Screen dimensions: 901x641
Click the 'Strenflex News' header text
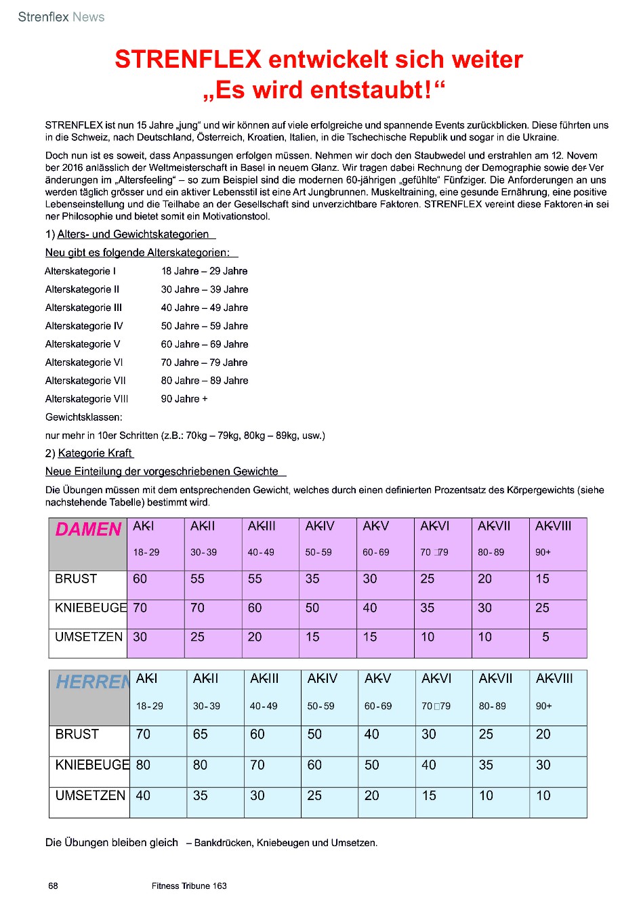click(61, 17)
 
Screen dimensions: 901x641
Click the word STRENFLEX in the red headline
click(188, 60)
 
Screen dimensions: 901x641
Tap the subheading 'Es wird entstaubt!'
click(325, 90)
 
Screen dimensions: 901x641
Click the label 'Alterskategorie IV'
click(84, 326)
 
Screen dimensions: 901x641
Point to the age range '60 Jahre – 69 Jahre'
click(205, 344)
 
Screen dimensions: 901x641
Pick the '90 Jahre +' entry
click(184, 399)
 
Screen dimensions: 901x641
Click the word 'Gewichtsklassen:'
click(84, 417)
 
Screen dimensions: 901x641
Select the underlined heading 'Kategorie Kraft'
click(96, 453)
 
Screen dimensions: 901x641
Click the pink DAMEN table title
click(89, 530)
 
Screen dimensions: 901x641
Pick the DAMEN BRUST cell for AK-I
click(140, 579)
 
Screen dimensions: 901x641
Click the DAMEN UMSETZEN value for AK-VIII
click(545, 637)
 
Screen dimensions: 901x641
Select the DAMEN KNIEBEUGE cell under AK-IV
click(312, 608)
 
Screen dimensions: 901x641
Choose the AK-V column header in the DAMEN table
click(375, 526)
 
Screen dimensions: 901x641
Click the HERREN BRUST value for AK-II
click(201, 734)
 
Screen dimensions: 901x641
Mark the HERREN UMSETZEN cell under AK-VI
click(429, 796)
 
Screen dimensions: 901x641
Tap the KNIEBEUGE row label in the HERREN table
click(91, 766)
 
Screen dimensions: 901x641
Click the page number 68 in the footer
click(54, 886)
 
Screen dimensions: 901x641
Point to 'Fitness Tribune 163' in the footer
click(189, 886)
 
